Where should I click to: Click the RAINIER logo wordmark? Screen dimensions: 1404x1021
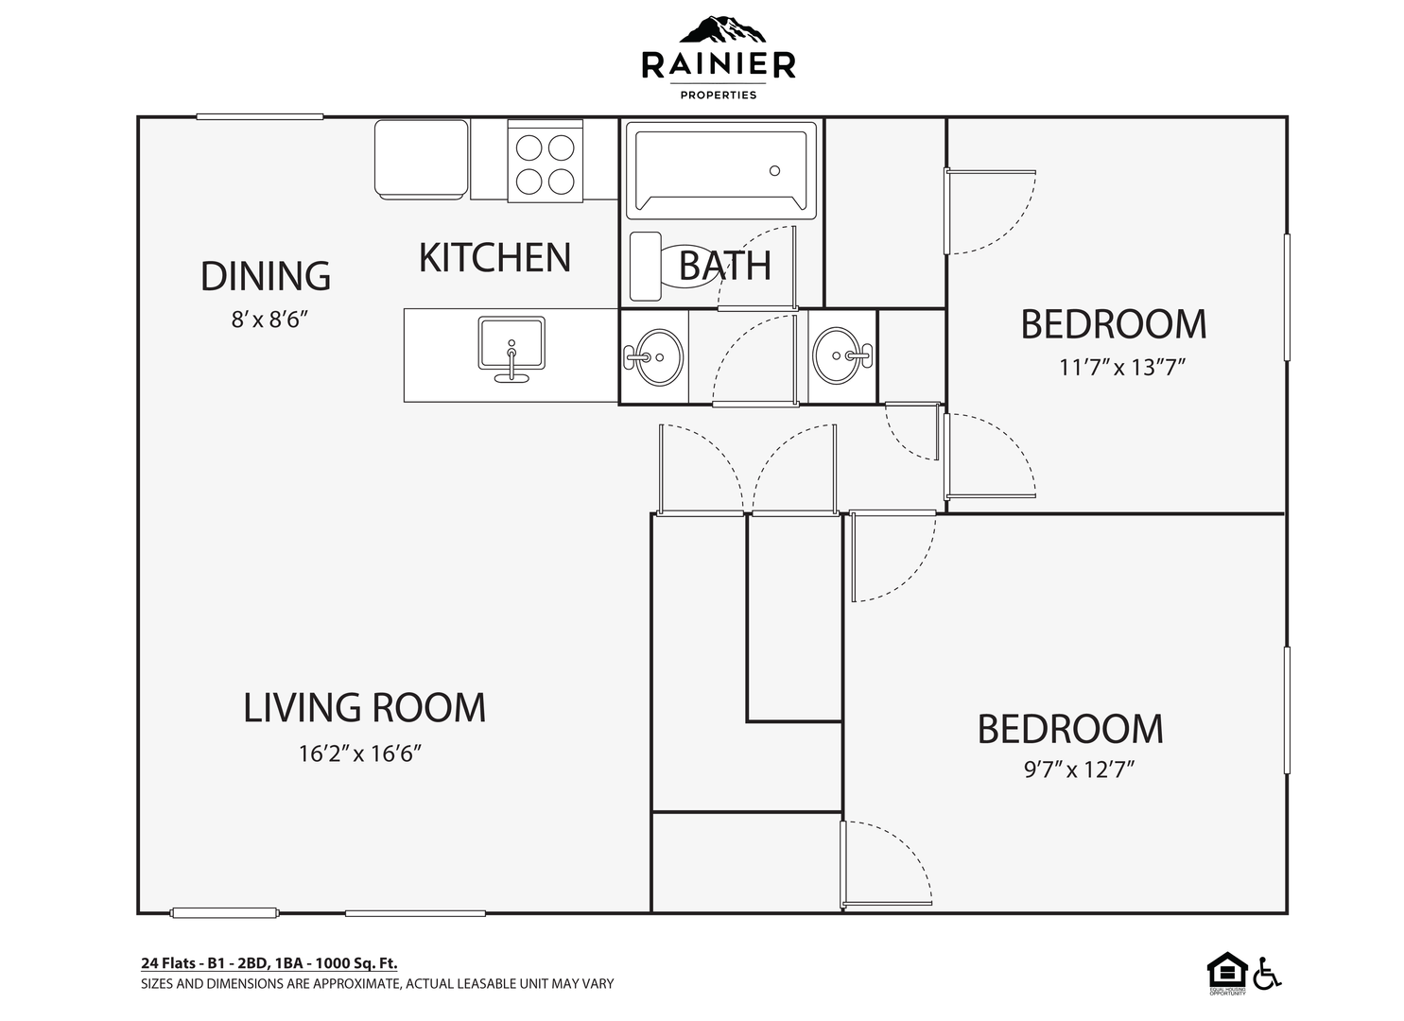click(x=719, y=65)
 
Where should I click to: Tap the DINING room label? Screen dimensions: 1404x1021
click(x=265, y=276)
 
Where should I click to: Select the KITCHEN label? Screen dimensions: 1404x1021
click(x=494, y=257)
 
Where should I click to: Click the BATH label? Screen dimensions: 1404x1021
click(x=724, y=266)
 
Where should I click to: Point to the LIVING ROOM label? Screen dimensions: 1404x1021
click(x=364, y=708)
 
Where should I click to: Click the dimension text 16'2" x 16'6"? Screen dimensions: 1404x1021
click(x=359, y=753)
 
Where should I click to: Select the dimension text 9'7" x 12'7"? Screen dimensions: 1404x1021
click(x=1080, y=769)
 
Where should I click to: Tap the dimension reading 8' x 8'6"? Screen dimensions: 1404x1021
click(x=269, y=320)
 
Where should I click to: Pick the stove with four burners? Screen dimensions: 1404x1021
click(x=545, y=162)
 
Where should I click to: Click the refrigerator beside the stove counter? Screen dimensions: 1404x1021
click(x=422, y=159)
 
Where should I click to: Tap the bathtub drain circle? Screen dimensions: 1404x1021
click(x=774, y=170)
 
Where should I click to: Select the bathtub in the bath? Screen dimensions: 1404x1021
click(x=720, y=170)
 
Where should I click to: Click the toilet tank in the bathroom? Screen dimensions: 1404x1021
click(x=645, y=267)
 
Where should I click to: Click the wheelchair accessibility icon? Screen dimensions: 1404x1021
click(x=1267, y=974)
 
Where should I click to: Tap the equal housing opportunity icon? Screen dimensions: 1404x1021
click(x=1227, y=974)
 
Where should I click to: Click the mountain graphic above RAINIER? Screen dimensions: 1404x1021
click(x=722, y=30)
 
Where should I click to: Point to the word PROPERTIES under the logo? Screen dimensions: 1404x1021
click(x=719, y=95)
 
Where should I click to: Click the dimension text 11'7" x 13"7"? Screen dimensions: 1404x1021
click(x=1122, y=367)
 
